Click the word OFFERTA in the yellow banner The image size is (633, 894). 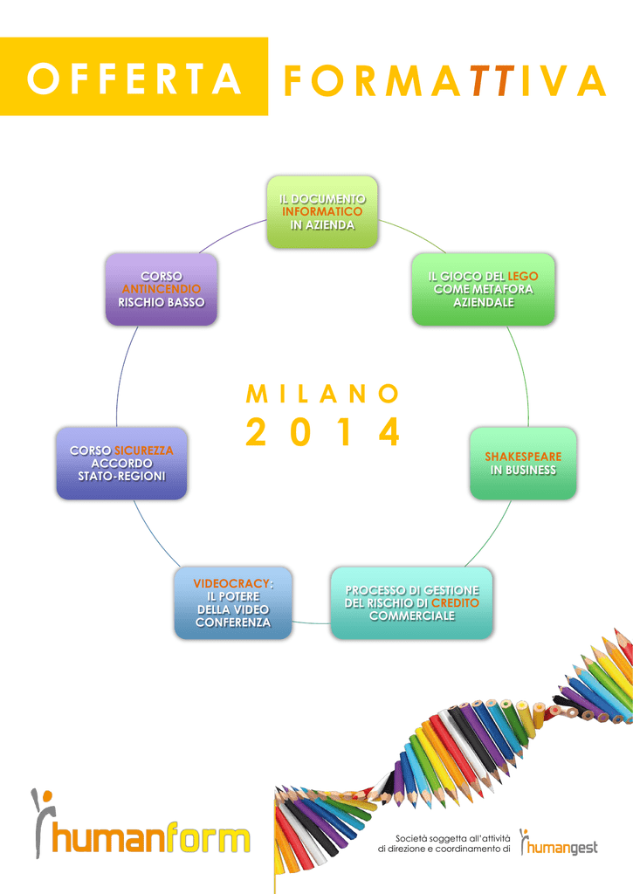(x=134, y=79)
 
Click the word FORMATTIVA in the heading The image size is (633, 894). (x=444, y=80)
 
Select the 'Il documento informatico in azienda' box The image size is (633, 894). (x=322, y=212)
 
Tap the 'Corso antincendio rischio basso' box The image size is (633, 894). (x=162, y=289)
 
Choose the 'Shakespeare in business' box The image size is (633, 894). (x=523, y=464)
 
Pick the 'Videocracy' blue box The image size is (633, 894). (x=233, y=602)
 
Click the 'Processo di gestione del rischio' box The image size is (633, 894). (x=412, y=602)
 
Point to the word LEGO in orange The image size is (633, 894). (x=523, y=276)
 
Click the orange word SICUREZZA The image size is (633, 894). (x=143, y=450)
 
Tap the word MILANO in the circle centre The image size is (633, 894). (x=323, y=394)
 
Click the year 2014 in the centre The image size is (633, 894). (x=323, y=431)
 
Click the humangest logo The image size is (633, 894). (x=559, y=842)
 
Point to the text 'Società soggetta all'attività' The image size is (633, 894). (x=453, y=838)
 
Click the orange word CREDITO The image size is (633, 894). (x=455, y=602)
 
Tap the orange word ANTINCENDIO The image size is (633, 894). (x=162, y=289)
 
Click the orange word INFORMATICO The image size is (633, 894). (x=322, y=211)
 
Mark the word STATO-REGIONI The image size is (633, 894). (x=121, y=476)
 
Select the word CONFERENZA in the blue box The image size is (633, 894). (x=233, y=622)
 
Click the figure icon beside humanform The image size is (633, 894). (x=42, y=821)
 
